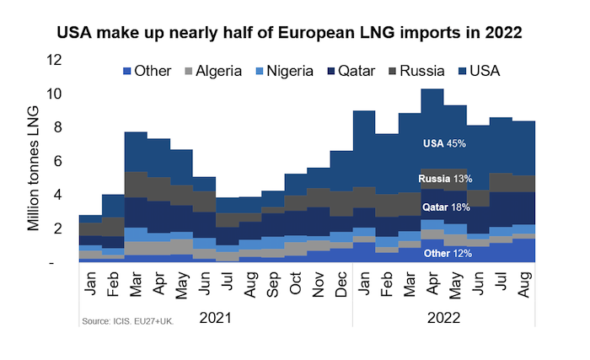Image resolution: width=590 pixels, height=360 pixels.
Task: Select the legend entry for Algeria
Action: pyautogui.click(x=212, y=71)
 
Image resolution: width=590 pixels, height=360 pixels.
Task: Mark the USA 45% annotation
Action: pyautogui.click(x=444, y=144)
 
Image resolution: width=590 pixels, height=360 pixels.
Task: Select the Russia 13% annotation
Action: pyautogui.click(x=444, y=179)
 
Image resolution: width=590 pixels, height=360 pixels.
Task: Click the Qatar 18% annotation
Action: pyautogui.click(x=444, y=206)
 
